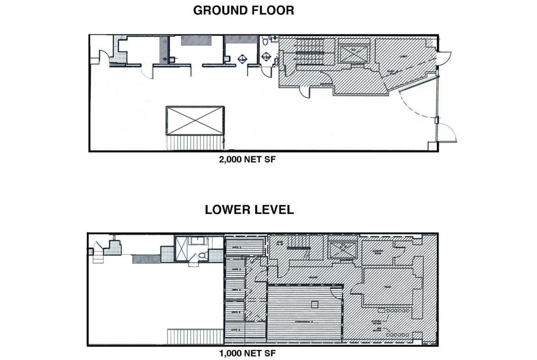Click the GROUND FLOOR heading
click(x=243, y=11)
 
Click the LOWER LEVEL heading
click(x=249, y=210)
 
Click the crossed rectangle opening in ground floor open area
click(x=195, y=121)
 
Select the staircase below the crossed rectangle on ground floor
click(x=195, y=143)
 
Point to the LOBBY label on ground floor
click(x=404, y=57)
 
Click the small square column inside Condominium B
click(x=314, y=304)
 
